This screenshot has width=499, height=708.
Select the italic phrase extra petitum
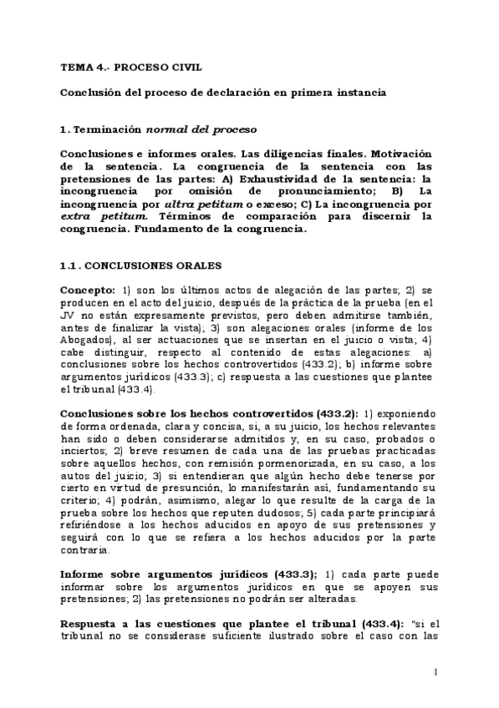point(87,216)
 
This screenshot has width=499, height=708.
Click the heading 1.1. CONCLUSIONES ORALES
point(140,265)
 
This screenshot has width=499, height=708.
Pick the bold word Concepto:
point(87,287)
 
